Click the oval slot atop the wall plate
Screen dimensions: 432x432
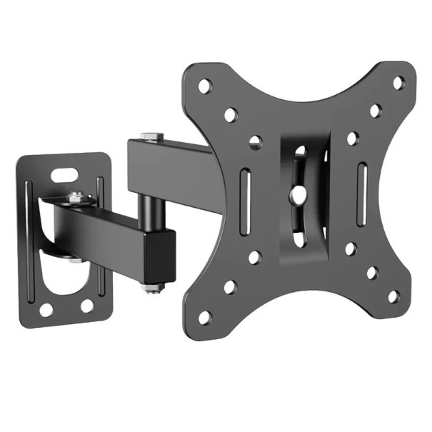(65, 173)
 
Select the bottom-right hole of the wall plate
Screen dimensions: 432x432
(86, 305)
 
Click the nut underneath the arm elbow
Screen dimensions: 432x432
(151, 287)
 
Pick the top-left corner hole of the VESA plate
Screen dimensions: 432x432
(205, 86)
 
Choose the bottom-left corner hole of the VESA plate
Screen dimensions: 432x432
(206, 316)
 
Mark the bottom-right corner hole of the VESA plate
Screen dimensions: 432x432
(392, 296)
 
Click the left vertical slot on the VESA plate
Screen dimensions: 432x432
(245, 199)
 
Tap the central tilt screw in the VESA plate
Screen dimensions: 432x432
(299, 193)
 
